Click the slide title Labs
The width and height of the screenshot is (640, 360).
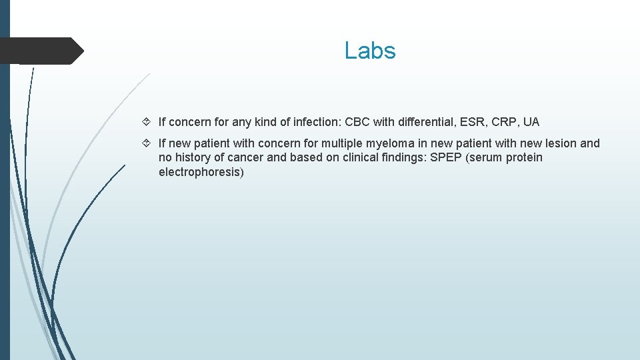(x=370, y=51)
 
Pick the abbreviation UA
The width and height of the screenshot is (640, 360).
(x=531, y=122)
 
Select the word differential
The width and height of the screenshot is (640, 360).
(x=427, y=122)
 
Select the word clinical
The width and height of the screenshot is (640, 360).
(x=333, y=158)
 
